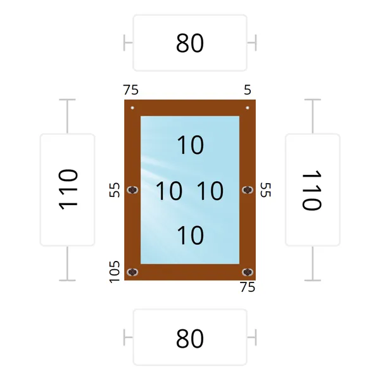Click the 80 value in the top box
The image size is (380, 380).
190,43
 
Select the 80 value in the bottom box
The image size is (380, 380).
190,339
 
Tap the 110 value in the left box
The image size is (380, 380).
68,189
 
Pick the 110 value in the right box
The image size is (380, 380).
312,190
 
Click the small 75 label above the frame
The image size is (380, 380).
131,90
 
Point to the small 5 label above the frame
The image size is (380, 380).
248,90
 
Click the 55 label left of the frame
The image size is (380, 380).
115,190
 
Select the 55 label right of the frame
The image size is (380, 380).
265,190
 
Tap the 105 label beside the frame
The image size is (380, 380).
115,272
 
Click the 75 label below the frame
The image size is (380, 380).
248,287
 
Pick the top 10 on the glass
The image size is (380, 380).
191,145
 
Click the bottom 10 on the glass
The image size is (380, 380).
191,235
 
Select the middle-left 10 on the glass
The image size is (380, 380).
169,191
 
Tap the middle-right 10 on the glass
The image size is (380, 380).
210,191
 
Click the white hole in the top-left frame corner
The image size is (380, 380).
132,108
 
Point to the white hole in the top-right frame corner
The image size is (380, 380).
248,108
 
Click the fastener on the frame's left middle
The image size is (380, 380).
132,190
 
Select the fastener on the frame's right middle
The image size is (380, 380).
248,190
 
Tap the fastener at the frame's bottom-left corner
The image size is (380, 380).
132,272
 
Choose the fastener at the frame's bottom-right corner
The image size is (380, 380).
248,272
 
